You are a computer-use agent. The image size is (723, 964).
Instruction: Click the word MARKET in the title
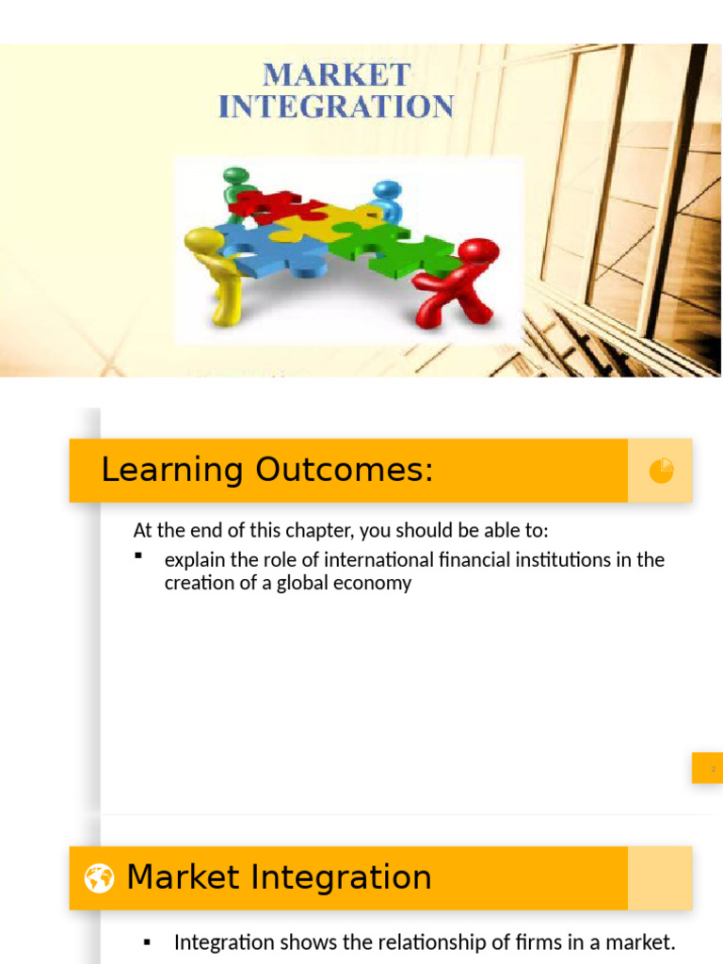336,74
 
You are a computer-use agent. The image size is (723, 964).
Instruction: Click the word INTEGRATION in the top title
336,105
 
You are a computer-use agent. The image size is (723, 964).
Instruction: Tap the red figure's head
479,251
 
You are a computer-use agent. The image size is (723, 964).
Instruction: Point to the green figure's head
235,176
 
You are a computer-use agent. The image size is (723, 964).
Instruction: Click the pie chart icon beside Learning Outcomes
661,470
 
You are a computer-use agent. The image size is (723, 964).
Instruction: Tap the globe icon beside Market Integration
99,878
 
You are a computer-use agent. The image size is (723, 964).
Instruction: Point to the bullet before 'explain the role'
138,557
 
